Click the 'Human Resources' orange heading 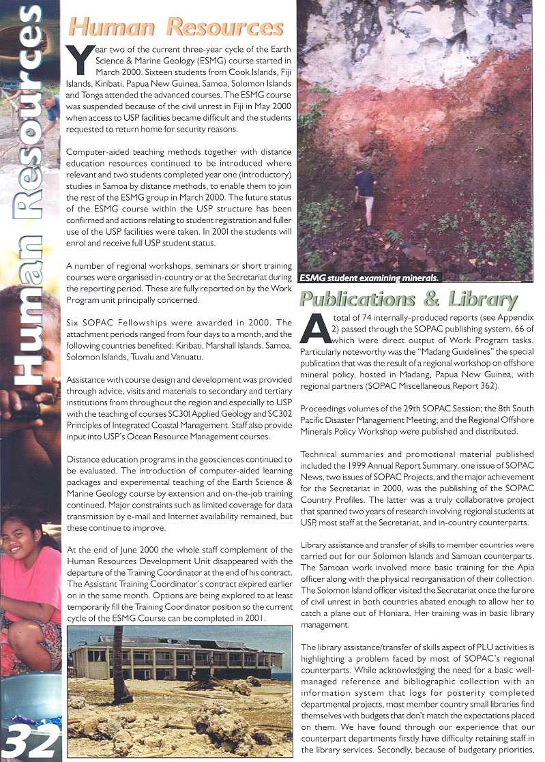coord(176,27)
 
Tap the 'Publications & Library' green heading coord(408,299)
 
